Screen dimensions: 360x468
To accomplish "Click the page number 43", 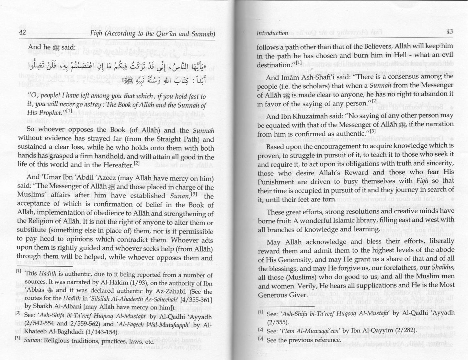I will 449,31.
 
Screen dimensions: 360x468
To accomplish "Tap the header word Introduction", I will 272,33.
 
